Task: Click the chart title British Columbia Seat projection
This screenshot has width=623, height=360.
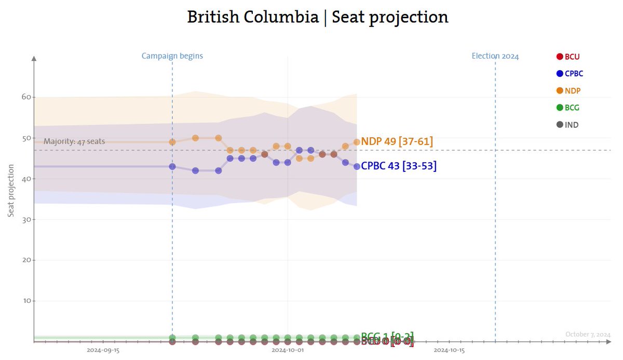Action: click(x=317, y=17)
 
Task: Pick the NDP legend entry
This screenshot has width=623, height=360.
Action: click(x=568, y=91)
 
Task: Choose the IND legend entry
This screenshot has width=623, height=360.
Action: click(x=567, y=125)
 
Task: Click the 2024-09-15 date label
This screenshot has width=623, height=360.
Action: click(x=103, y=351)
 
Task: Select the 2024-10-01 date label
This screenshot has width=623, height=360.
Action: click(x=288, y=351)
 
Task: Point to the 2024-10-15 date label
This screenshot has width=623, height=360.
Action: click(x=449, y=351)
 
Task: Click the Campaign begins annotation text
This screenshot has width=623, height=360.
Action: click(x=172, y=56)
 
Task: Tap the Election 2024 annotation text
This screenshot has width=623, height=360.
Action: click(x=495, y=56)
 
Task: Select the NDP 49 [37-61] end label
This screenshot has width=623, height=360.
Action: click(x=397, y=141)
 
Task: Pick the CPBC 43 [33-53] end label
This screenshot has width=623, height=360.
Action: click(x=398, y=166)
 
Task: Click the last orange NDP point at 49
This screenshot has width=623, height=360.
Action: click(x=357, y=142)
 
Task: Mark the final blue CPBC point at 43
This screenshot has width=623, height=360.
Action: click(x=357, y=167)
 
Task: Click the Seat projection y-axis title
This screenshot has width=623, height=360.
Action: click(x=11, y=191)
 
